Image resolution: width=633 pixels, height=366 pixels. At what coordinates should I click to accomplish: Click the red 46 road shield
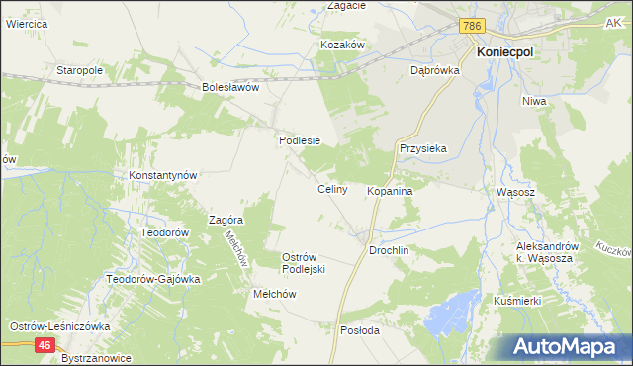tap(45, 345)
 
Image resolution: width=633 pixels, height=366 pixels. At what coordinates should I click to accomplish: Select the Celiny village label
tap(331, 189)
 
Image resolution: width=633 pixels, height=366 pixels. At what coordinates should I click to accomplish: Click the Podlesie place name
tap(299, 140)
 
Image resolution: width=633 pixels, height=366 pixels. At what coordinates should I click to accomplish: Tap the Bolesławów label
tap(229, 87)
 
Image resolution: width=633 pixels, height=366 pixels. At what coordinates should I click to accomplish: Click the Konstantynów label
tap(164, 175)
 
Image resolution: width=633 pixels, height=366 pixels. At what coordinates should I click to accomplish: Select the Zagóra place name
tap(226, 220)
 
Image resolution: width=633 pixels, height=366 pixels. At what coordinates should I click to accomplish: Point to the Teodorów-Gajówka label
tap(153, 279)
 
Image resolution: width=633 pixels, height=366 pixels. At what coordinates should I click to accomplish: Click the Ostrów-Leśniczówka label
tap(59, 326)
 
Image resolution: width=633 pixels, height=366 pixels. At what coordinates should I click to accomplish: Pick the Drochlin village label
tap(389, 251)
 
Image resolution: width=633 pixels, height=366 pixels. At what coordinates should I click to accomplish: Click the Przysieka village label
tap(423, 148)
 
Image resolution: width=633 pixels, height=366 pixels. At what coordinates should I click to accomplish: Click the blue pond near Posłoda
tap(451, 320)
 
